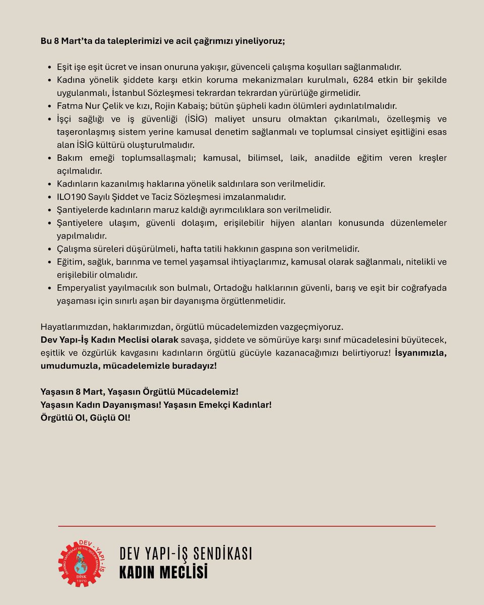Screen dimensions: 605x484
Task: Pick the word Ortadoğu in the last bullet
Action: click(234, 288)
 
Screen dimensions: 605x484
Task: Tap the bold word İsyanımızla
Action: click(420, 352)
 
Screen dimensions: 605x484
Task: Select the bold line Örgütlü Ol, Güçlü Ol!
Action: click(85, 417)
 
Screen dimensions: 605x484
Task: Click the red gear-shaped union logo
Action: click(82, 563)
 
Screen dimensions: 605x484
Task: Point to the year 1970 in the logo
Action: click(82, 582)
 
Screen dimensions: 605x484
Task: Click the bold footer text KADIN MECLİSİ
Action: click(163, 573)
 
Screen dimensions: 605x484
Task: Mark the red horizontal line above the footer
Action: click(247, 526)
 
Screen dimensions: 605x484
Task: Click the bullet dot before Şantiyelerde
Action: click(49, 210)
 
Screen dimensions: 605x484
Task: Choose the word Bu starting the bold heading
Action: click(46, 41)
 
